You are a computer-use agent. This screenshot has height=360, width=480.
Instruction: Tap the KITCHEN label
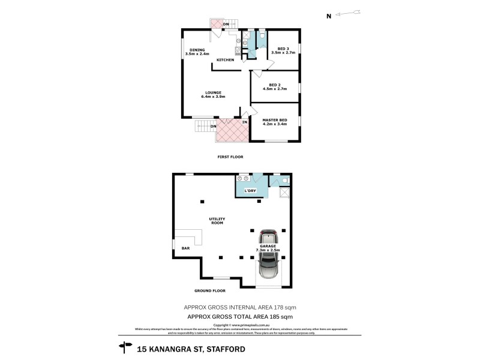tap(225, 60)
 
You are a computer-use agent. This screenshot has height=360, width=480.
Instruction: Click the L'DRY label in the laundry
tap(250, 191)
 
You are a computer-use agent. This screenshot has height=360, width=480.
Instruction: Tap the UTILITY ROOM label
tap(216, 221)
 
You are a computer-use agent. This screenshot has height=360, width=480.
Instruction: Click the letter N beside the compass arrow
tap(328, 17)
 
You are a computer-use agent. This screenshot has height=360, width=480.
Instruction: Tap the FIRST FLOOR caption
tap(230, 157)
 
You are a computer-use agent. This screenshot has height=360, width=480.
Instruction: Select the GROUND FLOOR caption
tap(209, 290)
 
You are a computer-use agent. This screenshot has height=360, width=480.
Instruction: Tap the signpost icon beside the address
tap(126, 347)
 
